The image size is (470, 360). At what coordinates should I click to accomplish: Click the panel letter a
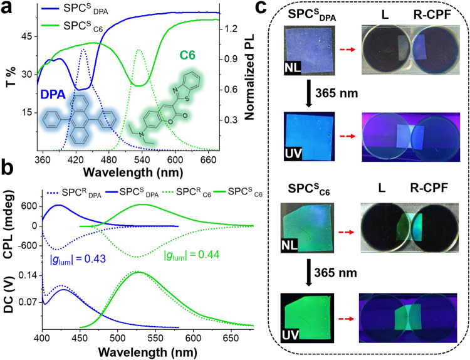(8, 8)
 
